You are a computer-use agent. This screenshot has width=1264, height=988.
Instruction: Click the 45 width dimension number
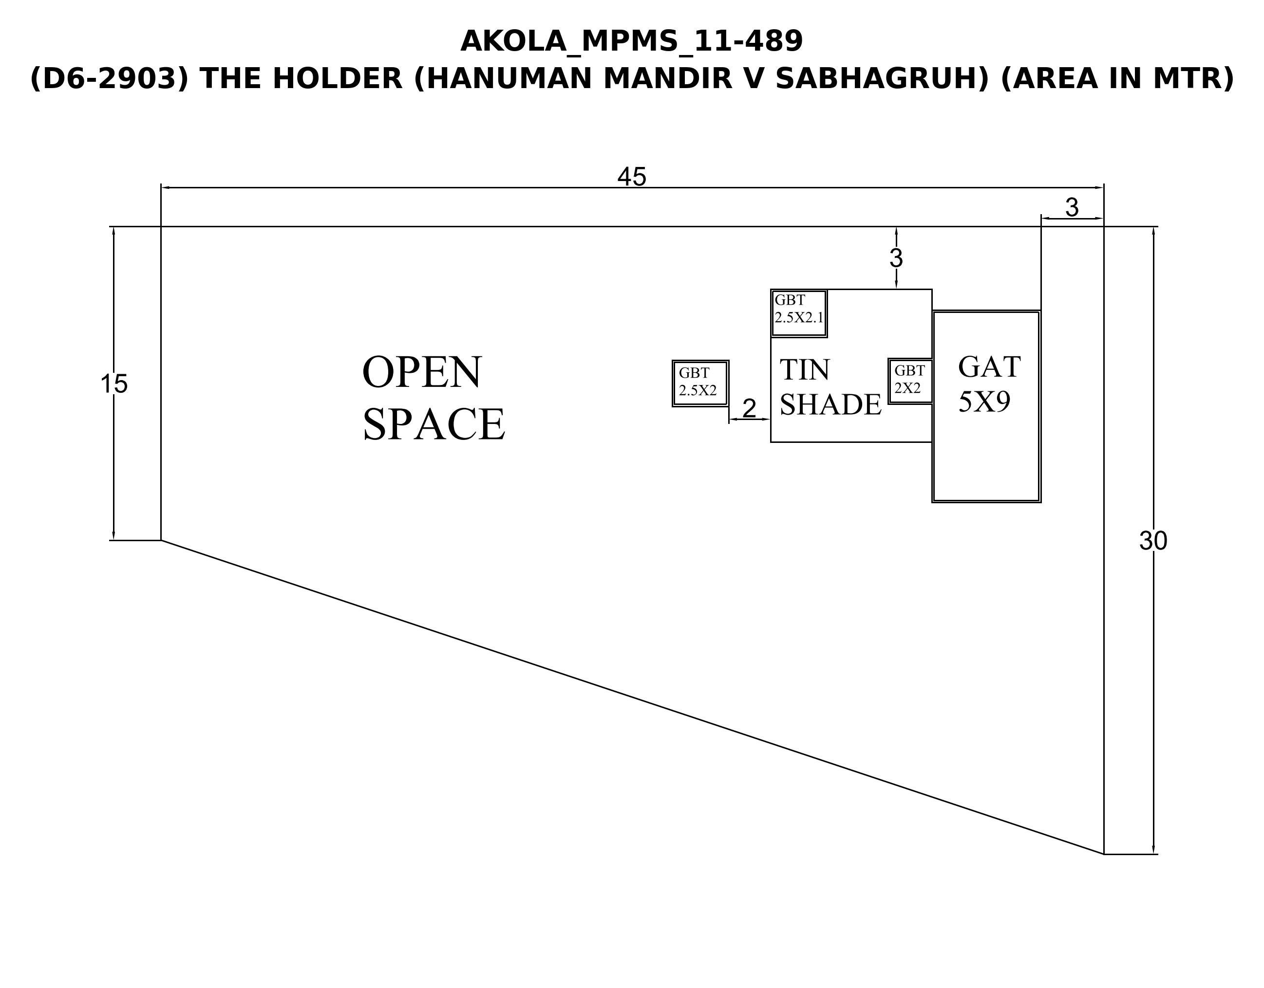tap(631, 177)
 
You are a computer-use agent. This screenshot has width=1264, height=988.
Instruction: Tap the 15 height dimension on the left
tap(114, 384)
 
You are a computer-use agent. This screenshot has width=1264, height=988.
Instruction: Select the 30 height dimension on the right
tap(1153, 541)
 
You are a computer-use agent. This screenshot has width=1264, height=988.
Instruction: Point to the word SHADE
tap(830, 404)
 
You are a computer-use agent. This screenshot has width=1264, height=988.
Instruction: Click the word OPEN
tap(422, 372)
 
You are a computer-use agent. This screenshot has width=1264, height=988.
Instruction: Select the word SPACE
tap(434, 424)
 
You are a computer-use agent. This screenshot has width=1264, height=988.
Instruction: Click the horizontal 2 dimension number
tap(749, 408)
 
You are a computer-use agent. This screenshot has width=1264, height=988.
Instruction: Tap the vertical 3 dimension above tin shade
tap(896, 258)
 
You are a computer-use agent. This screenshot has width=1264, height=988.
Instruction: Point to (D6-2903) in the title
tap(110, 79)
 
